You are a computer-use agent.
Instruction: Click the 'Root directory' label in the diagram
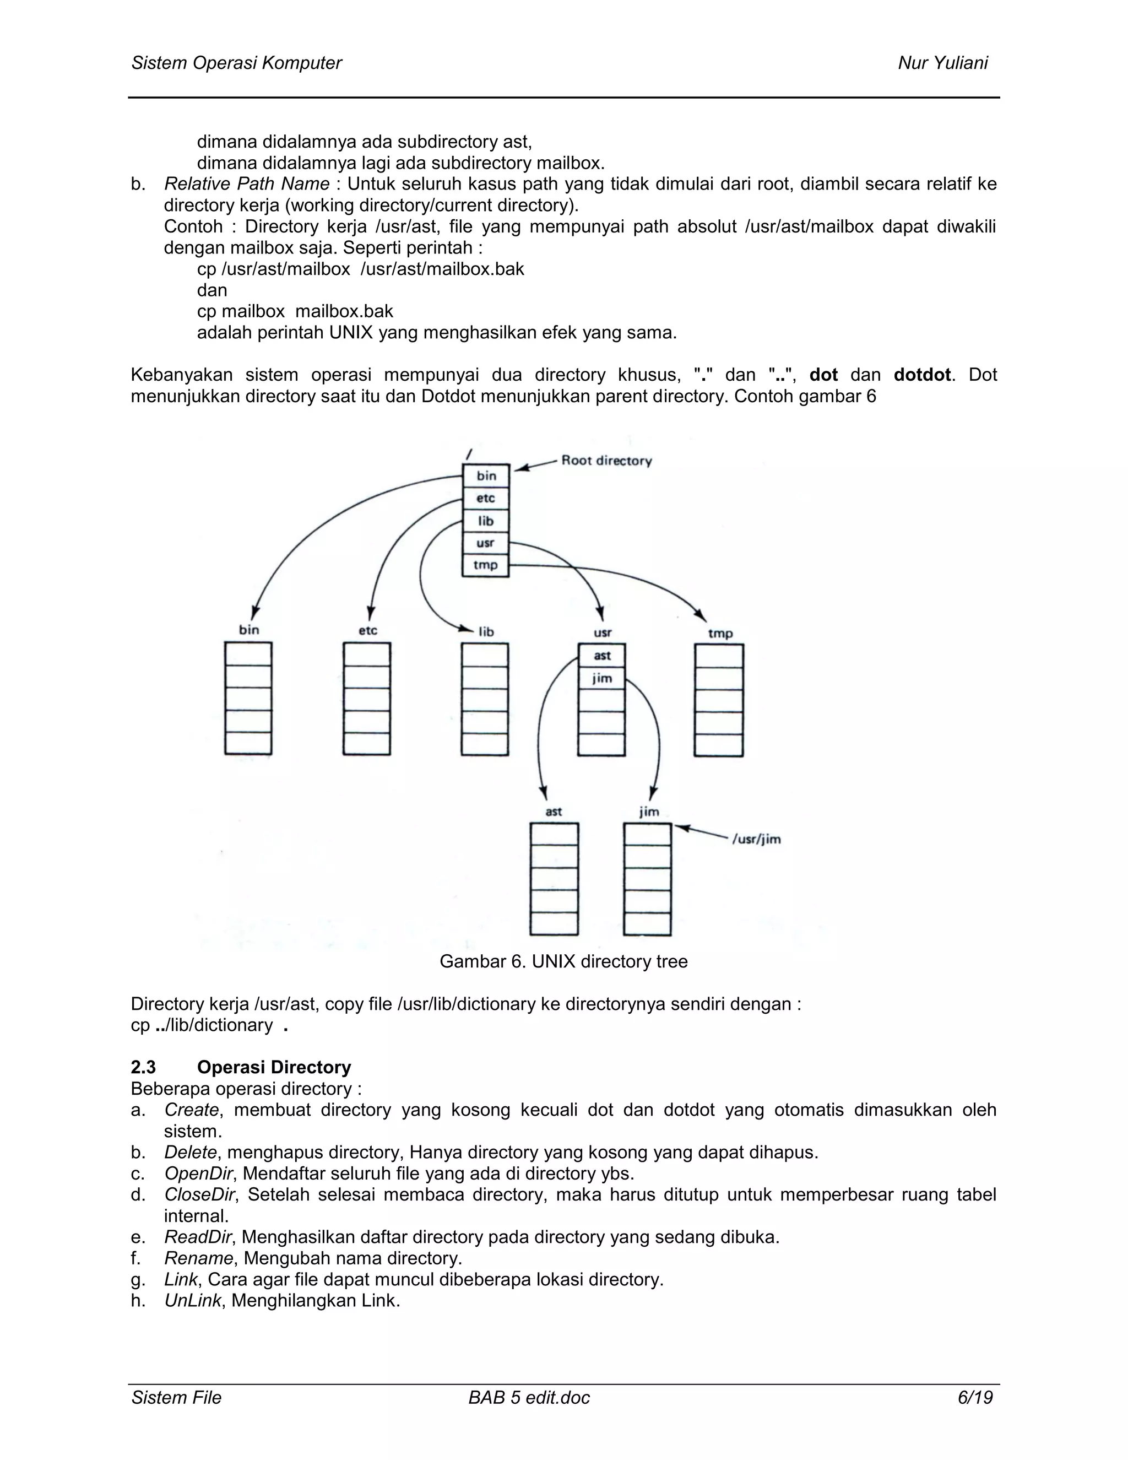(x=606, y=461)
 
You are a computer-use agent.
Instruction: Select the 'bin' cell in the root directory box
(x=486, y=476)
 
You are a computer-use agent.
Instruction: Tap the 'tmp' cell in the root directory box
(x=486, y=565)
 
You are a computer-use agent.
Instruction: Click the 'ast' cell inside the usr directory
(x=601, y=656)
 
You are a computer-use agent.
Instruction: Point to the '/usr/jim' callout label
(x=756, y=839)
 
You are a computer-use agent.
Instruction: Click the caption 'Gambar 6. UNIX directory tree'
(x=563, y=961)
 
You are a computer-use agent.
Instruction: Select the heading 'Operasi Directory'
(x=274, y=1067)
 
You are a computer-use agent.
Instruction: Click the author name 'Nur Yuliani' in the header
(x=942, y=63)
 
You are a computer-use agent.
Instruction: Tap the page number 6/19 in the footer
(x=975, y=1397)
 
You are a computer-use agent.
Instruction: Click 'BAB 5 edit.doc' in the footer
(x=529, y=1397)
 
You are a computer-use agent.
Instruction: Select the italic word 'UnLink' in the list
(x=192, y=1300)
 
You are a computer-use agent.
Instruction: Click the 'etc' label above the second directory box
(x=367, y=630)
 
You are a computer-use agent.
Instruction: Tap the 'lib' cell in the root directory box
(x=486, y=521)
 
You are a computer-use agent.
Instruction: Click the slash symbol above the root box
(x=469, y=453)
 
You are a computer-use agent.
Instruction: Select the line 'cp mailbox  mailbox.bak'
(x=295, y=311)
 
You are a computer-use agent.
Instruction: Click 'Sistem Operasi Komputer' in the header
(x=236, y=63)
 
